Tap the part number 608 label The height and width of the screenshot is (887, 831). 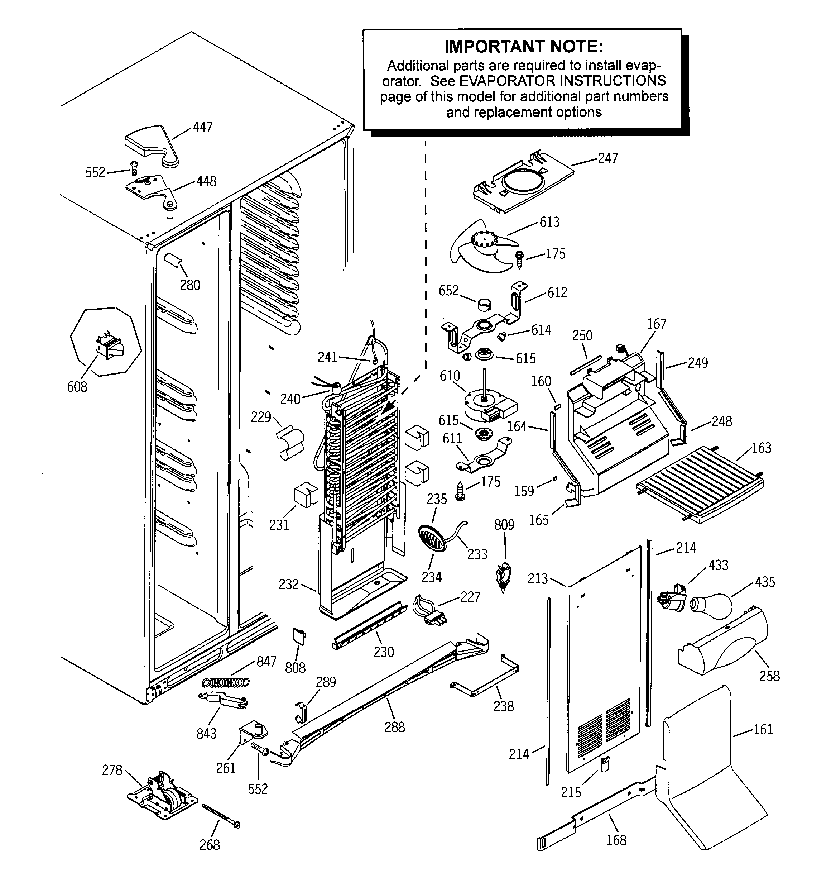click(x=77, y=386)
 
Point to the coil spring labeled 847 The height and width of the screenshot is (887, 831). click(x=226, y=682)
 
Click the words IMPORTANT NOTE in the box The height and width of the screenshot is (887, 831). click(x=524, y=46)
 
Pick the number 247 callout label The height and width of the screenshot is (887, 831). click(x=607, y=158)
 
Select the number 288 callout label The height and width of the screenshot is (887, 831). click(x=395, y=727)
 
